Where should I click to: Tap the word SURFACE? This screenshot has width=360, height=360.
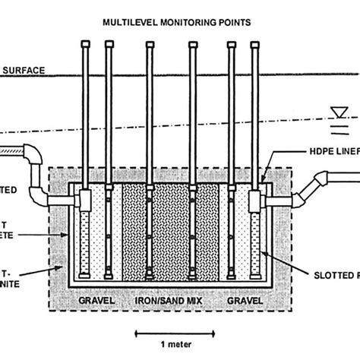(23, 71)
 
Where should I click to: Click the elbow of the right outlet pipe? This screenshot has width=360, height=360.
(322, 183)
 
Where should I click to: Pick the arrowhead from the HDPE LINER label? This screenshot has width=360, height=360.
(265, 181)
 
